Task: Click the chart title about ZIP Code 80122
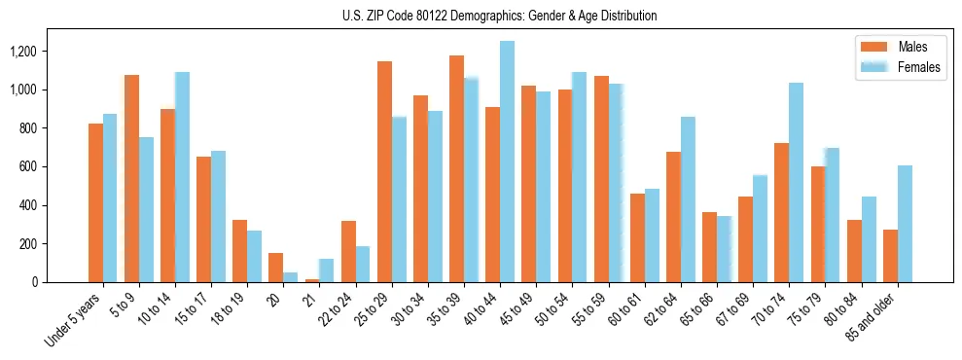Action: click(x=500, y=16)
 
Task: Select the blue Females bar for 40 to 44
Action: click(x=507, y=162)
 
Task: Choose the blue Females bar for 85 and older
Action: click(x=905, y=224)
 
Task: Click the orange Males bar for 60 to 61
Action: click(x=637, y=238)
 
